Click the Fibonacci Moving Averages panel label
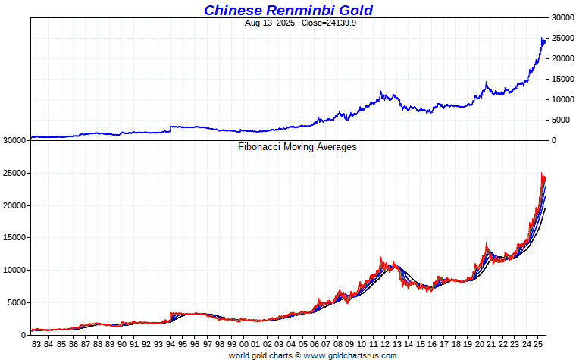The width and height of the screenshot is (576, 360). pyautogui.click(x=297, y=147)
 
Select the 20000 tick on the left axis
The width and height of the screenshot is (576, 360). pyautogui.click(x=15, y=205)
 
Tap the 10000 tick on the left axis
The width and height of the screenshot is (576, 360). pyautogui.click(x=15, y=270)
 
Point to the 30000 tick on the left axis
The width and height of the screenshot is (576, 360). pyautogui.click(x=15, y=141)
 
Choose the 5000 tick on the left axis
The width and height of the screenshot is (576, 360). pyautogui.click(x=17, y=302)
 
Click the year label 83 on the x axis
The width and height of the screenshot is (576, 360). pyautogui.click(x=36, y=345)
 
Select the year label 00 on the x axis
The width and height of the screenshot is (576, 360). pyautogui.click(x=243, y=345)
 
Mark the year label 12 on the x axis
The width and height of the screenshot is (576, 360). pyautogui.click(x=387, y=345)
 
